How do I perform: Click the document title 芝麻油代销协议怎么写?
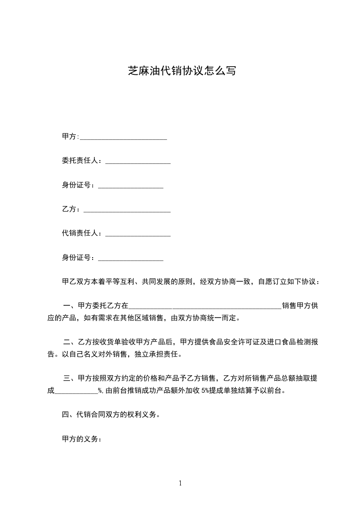tap(182, 71)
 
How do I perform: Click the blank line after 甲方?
tap(123, 137)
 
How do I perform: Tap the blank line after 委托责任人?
tap(138, 162)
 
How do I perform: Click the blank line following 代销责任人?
tap(138, 235)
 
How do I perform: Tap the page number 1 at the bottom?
tap(180, 483)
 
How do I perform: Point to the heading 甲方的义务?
tap(81, 439)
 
